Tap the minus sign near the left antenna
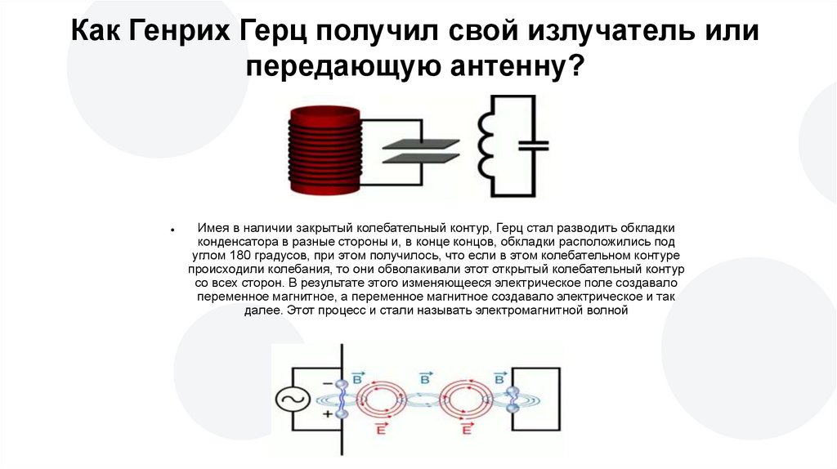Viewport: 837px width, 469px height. pos(326,382)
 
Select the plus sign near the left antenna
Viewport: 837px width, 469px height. pos(326,415)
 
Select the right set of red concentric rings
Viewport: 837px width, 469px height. pos(467,400)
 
